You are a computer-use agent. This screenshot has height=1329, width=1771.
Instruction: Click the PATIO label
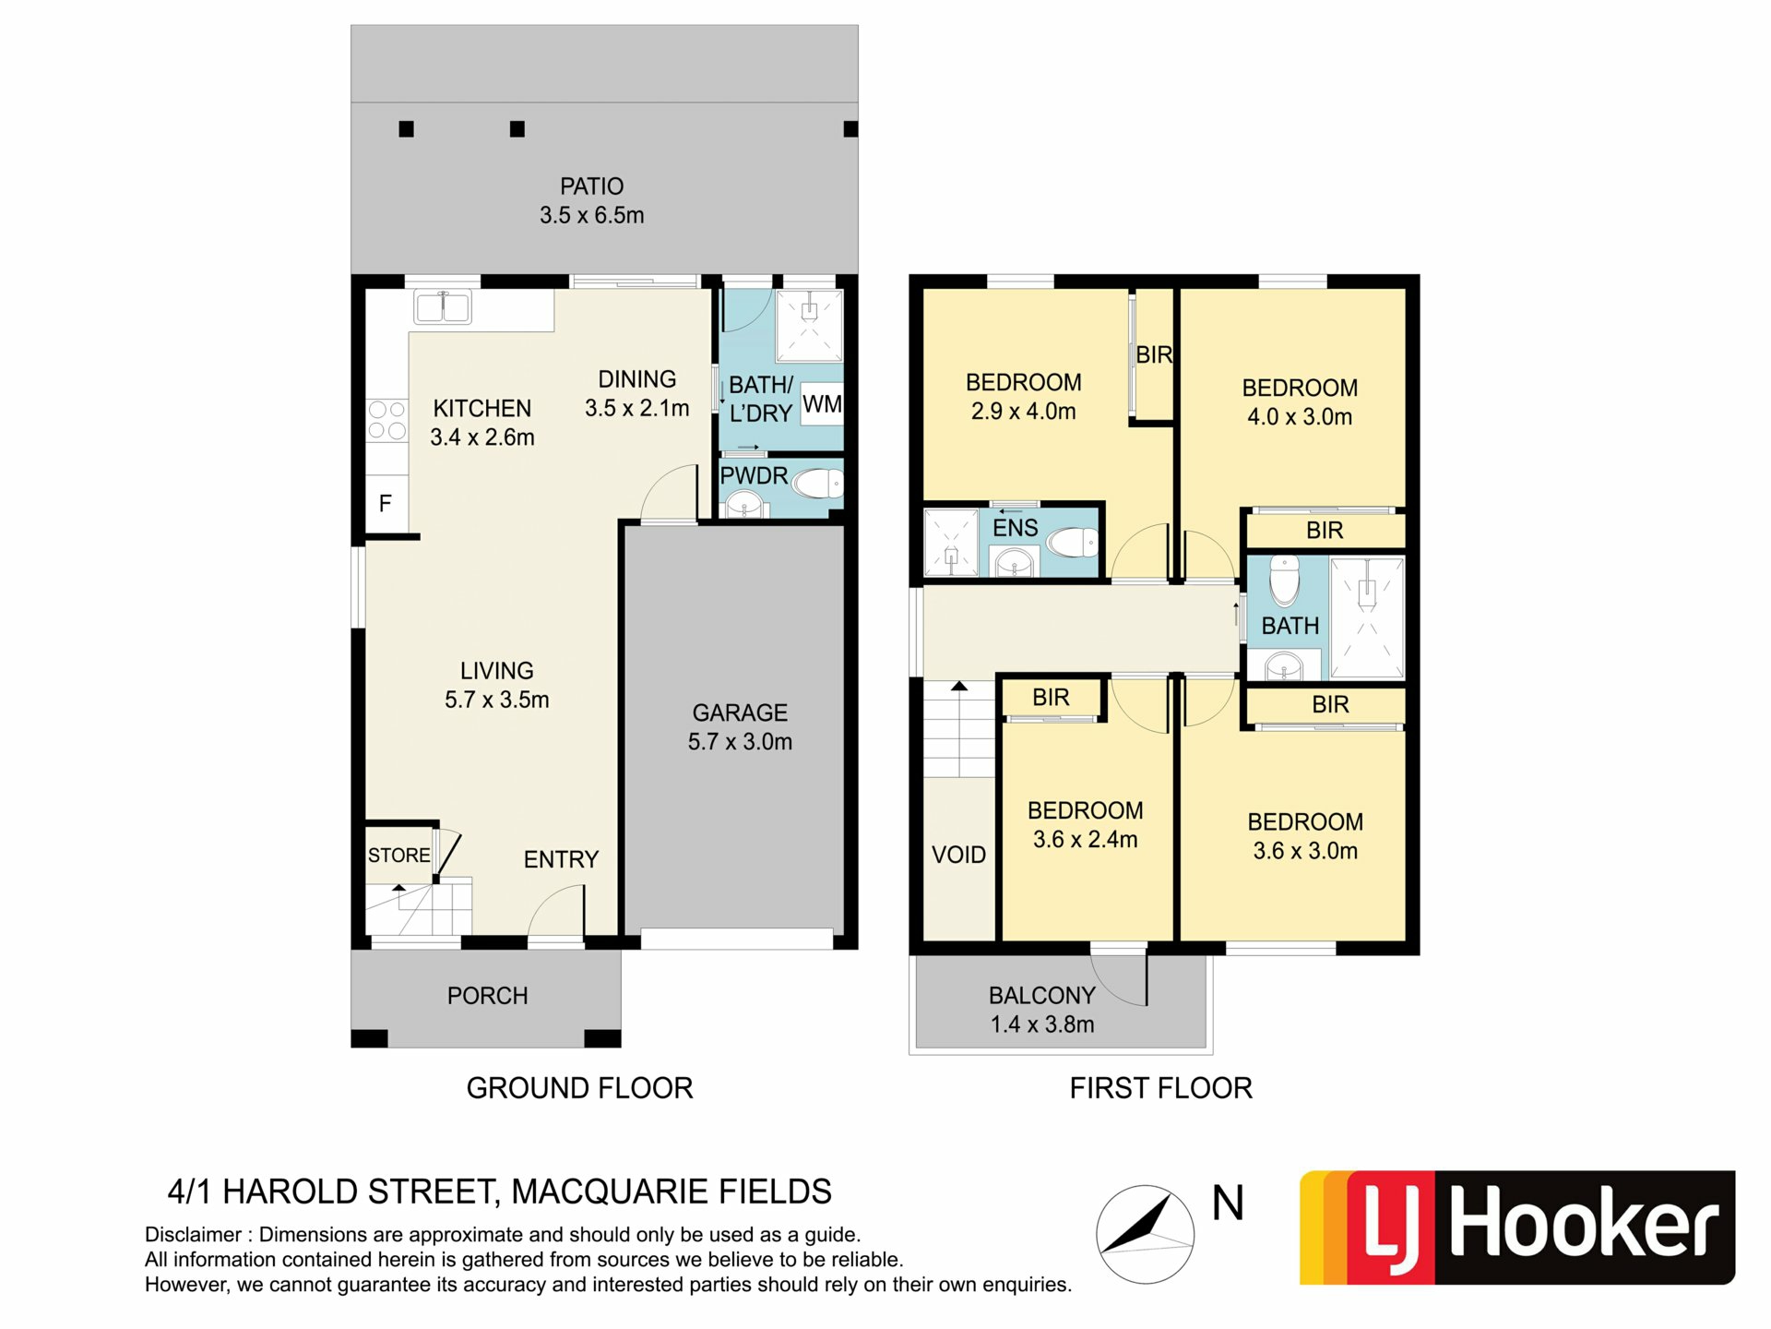click(591, 186)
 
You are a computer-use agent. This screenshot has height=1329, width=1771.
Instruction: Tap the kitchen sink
click(443, 306)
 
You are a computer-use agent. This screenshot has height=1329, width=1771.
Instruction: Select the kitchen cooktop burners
click(387, 420)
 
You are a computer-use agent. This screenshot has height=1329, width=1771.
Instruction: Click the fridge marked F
click(386, 503)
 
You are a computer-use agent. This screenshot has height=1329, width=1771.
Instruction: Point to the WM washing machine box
click(821, 403)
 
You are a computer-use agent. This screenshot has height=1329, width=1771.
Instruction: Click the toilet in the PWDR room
click(817, 483)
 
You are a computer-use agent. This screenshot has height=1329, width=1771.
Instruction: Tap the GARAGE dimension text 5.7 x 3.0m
click(740, 741)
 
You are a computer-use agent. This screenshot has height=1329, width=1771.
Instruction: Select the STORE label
click(398, 856)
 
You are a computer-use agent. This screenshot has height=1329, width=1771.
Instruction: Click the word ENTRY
click(561, 859)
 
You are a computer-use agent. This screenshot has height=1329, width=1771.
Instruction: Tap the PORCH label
click(487, 996)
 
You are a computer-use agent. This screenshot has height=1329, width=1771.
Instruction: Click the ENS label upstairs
click(1015, 528)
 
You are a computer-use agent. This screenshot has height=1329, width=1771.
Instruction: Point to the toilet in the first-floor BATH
click(1285, 580)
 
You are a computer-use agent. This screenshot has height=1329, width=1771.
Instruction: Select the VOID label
click(958, 855)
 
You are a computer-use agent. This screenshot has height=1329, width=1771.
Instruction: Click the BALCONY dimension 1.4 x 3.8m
click(1042, 1024)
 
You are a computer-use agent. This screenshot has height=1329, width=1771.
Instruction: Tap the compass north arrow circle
click(1145, 1234)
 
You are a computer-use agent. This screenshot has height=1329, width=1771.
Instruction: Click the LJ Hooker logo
click(1517, 1227)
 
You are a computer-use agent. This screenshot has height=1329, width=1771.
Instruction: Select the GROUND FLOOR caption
click(579, 1088)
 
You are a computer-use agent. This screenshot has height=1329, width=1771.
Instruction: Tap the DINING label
click(636, 379)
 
